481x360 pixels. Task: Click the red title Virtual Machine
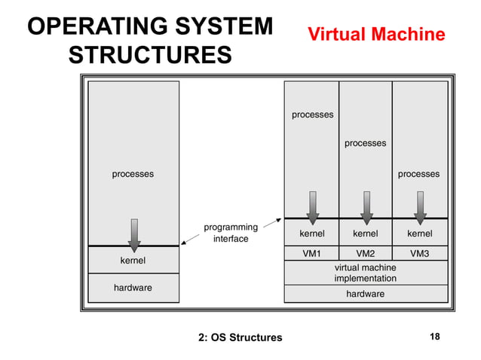[375, 35]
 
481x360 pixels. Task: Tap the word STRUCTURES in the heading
[149, 56]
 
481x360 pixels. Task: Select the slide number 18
[434, 337]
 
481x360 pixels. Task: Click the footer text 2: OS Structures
[240, 337]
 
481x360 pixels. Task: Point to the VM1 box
[312, 254]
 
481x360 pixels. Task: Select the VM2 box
[366, 254]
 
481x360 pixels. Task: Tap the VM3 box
[419, 254]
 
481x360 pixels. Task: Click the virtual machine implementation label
[366, 273]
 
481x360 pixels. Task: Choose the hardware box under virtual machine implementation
[366, 294]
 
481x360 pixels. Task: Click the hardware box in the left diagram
[133, 288]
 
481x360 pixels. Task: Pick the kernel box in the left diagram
[133, 261]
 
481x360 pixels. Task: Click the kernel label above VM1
[312, 233]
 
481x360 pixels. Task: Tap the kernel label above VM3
[419, 233]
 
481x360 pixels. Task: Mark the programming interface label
[231, 233]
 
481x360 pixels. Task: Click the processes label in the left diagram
[133, 174]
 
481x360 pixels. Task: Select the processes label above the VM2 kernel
[366, 143]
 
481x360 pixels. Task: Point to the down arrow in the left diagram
[134, 234]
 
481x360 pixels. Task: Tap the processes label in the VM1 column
[313, 114]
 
